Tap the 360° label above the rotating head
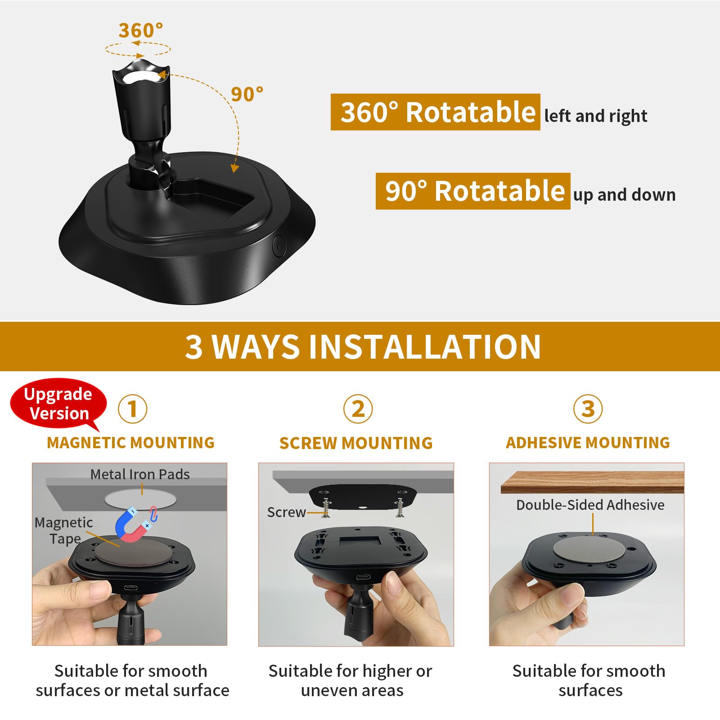(x=140, y=31)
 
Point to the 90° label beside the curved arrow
(x=247, y=94)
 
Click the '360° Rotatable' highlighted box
(x=435, y=112)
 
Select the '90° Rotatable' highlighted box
(x=472, y=191)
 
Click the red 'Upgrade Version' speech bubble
(x=58, y=404)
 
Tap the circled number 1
(x=132, y=409)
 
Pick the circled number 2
(x=358, y=409)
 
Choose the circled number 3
(x=588, y=409)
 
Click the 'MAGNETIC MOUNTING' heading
(x=130, y=443)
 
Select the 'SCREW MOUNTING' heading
(x=356, y=443)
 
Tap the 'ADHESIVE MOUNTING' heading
(x=588, y=443)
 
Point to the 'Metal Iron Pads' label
(x=140, y=474)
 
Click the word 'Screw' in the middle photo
(x=286, y=512)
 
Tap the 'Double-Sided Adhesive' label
(x=590, y=505)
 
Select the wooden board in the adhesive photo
(x=592, y=482)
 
